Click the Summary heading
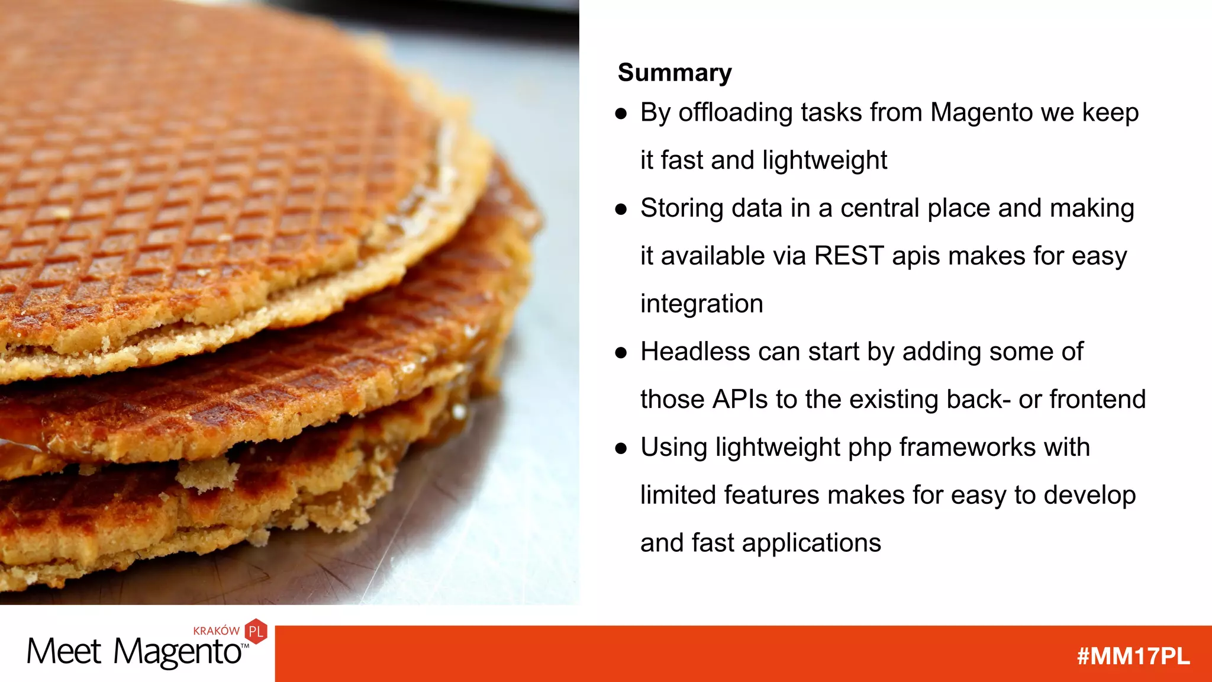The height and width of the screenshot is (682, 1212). (x=675, y=73)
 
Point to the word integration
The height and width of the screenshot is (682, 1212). (x=701, y=304)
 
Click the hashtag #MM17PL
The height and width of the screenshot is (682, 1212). (x=1133, y=657)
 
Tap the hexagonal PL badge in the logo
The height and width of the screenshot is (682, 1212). (x=256, y=632)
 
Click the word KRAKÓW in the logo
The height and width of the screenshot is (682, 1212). (x=216, y=631)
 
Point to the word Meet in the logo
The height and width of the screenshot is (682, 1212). (x=64, y=652)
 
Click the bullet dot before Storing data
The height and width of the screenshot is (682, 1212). (x=620, y=209)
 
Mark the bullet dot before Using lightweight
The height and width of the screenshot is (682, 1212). (x=620, y=448)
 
